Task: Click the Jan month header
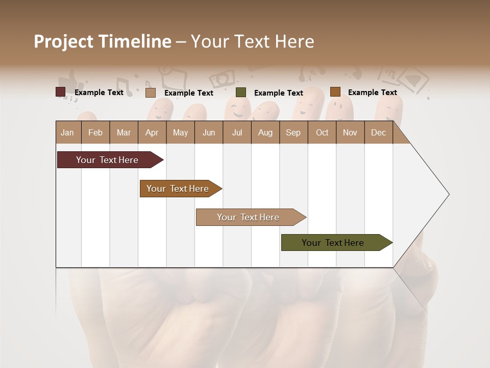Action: pos(67,133)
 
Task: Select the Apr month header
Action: pos(152,133)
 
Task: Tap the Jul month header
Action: pos(237,133)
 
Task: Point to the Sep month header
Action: pos(293,133)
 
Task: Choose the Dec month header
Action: pos(378,133)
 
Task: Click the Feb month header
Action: pos(95,133)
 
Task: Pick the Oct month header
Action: pos(322,133)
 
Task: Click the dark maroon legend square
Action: pos(61,92)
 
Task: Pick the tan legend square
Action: pos(151,93)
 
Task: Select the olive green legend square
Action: pos(241,93)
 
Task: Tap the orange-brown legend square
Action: pos(335,92)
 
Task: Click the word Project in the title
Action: pos(63,42)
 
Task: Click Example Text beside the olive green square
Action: pos(278,93)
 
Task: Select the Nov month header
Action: pos(350,133)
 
